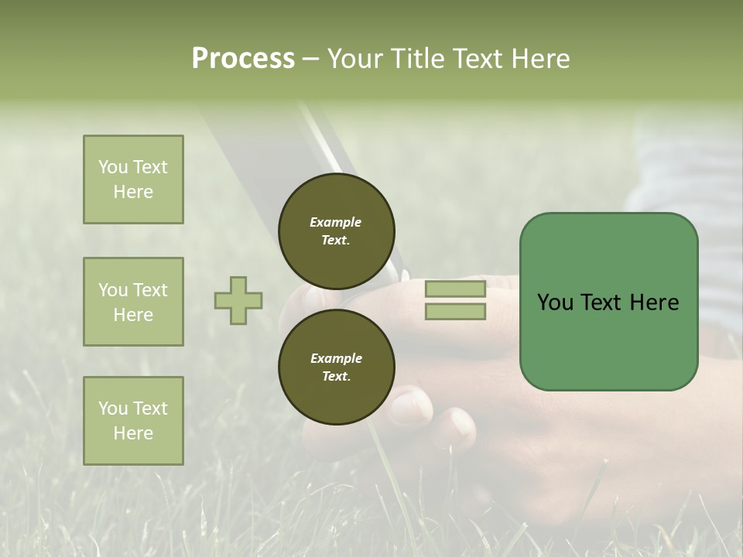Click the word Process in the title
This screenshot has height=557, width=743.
pos(243,59)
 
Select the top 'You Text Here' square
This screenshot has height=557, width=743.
pos(133,179)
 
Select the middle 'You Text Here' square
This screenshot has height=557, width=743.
pos(133,302)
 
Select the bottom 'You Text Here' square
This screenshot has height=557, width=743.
pos(133,421)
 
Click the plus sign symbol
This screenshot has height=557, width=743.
pos(238,300)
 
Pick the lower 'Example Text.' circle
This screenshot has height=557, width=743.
pos(336,367)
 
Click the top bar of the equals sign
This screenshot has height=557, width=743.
pos(455,289)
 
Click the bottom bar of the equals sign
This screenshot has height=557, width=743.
pos(455,311)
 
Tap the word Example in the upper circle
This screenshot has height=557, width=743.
pos(336,222)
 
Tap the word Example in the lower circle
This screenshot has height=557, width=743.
pos(336,358)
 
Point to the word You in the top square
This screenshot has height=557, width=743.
pos(112,167)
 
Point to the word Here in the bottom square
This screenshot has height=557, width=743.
pos(133,433)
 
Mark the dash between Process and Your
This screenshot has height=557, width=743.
pos(311,60)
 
